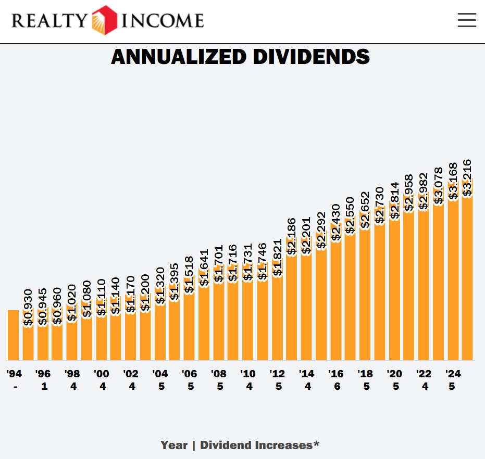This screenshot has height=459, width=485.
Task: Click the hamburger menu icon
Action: [467, 20]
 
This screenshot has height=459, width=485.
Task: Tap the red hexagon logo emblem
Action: [104, 20]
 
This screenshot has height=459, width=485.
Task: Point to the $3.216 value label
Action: [467, 178]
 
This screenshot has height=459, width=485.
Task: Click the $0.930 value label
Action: [28, 308]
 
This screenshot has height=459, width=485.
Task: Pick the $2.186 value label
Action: [292, 236]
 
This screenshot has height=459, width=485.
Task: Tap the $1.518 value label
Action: [189, 275]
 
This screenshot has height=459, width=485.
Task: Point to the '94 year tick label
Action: [14, 374]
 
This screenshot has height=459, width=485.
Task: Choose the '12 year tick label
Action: [277, 374]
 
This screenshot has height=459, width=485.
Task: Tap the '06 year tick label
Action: [190, 374]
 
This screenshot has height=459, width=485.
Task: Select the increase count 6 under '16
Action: [336, 387]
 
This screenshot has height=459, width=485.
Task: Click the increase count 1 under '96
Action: [44, 387]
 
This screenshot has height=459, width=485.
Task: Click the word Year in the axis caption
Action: [174, 445]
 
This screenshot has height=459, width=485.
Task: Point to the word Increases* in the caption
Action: [287, 445]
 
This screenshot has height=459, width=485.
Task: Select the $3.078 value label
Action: [439, 186]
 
